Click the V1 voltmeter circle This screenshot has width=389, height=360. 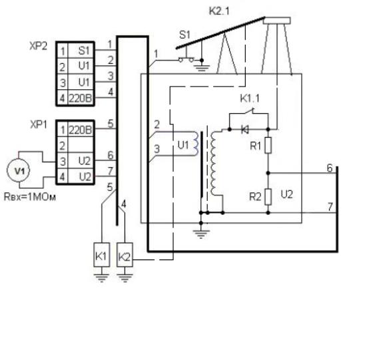19,171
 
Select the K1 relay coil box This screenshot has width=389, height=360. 101,255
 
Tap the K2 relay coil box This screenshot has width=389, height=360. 125,255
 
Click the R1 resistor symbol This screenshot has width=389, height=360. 268,145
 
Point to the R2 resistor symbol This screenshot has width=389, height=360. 268,196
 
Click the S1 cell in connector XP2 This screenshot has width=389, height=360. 81,51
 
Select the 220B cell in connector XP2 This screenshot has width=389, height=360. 81,98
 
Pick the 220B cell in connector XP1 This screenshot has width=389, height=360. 81,129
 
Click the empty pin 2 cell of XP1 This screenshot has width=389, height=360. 81,145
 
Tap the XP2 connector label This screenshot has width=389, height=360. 38,46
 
